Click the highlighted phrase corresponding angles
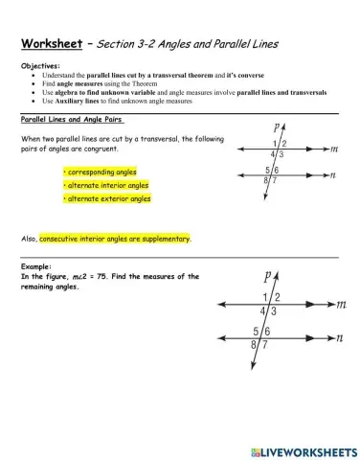98,172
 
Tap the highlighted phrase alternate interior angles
105,185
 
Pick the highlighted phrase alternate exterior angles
106,198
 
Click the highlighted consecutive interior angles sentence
115,239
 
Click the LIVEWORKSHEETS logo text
304,448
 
